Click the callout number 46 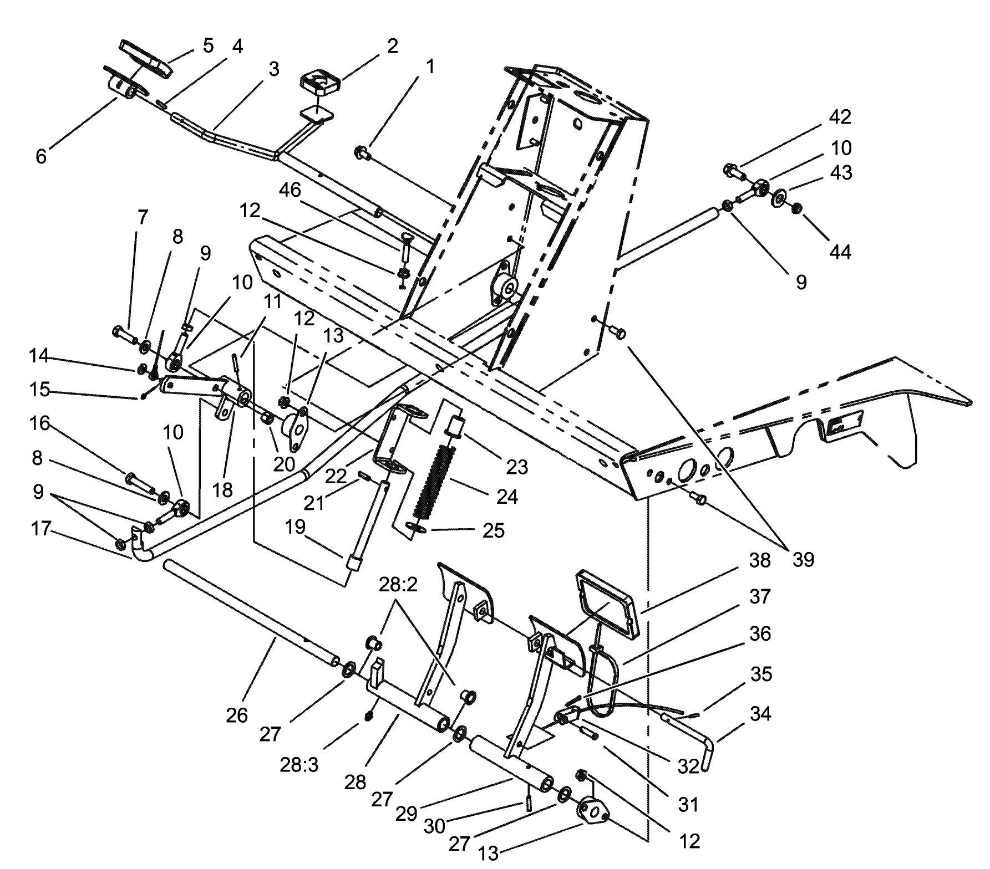[x=290, y=190]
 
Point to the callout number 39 [x=803, y=560]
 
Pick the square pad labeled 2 [x=321, y=82]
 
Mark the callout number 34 [x=760, y=714]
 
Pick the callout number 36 [x=760, y=633]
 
